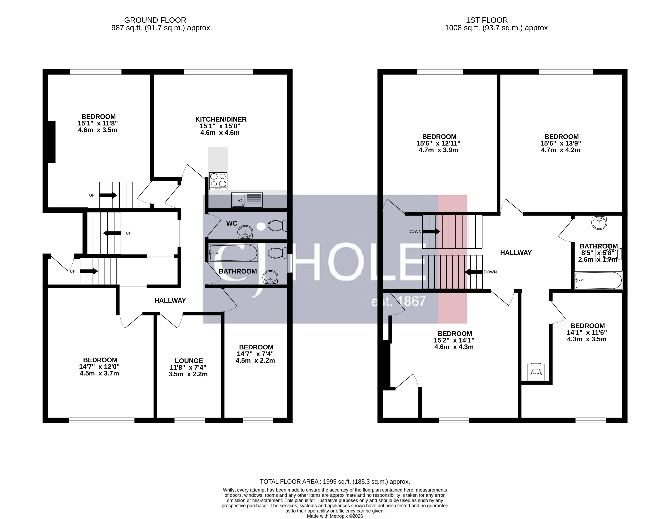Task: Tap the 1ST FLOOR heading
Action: coord(487,20)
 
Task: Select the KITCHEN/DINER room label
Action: coord(221,119)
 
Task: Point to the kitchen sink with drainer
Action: coord(247,200)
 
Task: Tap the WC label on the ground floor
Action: coord(232,223)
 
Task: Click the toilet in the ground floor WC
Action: coord(277,226)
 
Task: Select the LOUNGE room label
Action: coord(189,361)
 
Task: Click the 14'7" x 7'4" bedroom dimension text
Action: coord(255,354)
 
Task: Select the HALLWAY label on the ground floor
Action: coord(170,300)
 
